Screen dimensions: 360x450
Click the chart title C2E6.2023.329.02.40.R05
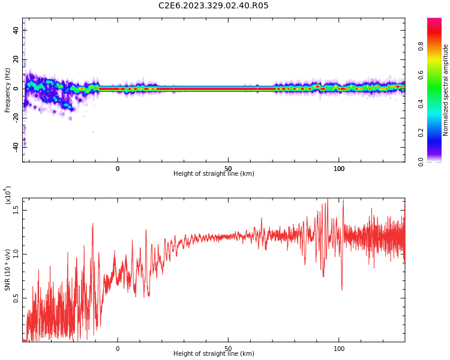click(214, 6)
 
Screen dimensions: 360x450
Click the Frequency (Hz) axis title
click(8, 90)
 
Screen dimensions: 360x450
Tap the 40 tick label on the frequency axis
click(16, 31)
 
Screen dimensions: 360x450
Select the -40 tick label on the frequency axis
click(16, 146)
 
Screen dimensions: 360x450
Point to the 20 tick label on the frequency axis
click(16, 59)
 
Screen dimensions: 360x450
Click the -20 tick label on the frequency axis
click(16, 118)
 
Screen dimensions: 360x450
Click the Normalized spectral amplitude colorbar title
click(446, 90)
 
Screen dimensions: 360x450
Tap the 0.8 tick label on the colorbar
click(438, 46)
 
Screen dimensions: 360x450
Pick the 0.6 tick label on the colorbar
click(438, 75)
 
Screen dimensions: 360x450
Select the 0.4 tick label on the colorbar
click(438, 104)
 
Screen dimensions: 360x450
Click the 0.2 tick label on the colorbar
click(438, 133)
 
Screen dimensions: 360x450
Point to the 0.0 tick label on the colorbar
click(438, 161)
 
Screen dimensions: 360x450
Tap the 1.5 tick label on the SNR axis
click(16, 209)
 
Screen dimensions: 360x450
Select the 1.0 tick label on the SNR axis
click(16, 253)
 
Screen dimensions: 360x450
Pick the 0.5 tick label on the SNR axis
click(16, 298)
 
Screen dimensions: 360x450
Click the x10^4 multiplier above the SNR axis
click(8, 195)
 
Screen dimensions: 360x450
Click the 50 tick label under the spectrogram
click(228, 169)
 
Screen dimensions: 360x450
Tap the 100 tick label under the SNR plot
click(339, 349)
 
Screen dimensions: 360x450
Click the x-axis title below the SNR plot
click(214, 354)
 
